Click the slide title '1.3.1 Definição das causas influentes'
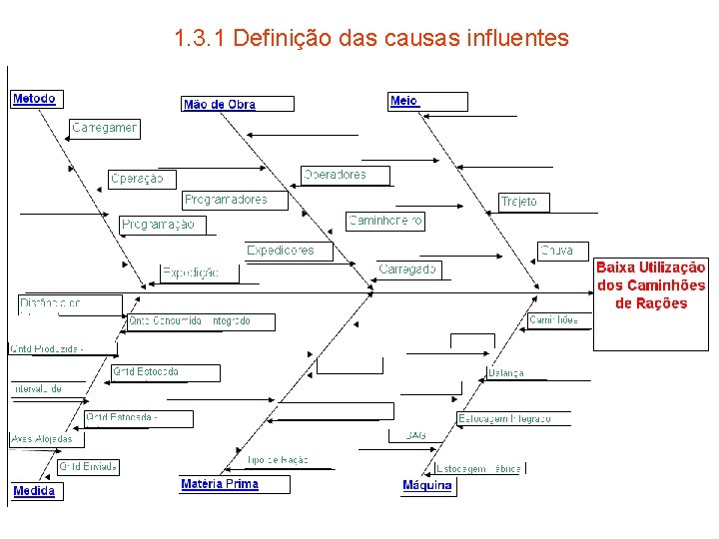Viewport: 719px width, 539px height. click(370, 39)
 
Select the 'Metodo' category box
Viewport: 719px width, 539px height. click(34, 99)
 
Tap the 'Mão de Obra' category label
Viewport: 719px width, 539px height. click(220, 104)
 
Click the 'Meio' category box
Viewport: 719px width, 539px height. click(404, 101)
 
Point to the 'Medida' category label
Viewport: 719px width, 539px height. click(34, 491)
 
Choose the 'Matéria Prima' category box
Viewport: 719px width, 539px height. click(221, 484)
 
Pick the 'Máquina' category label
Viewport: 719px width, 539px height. click(427, 486)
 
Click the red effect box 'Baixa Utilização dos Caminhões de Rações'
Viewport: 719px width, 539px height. click(651, 285)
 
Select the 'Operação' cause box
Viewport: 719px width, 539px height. click(138, 179)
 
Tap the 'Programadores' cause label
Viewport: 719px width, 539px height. click(227, 200)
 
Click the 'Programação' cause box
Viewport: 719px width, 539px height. click(159, 225)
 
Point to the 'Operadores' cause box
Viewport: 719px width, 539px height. click(336, 175)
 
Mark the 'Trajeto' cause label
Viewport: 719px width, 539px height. click(519, 202)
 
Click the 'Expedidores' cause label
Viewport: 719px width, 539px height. click(281, 251)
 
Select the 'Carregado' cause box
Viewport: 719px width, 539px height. click(407, 269)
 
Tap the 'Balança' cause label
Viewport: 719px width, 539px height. click(506, 373)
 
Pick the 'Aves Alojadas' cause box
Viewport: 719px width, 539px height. click(41, 438)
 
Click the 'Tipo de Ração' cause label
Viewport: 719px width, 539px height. click(278, 460)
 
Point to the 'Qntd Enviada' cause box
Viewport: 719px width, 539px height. click(89, 466)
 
